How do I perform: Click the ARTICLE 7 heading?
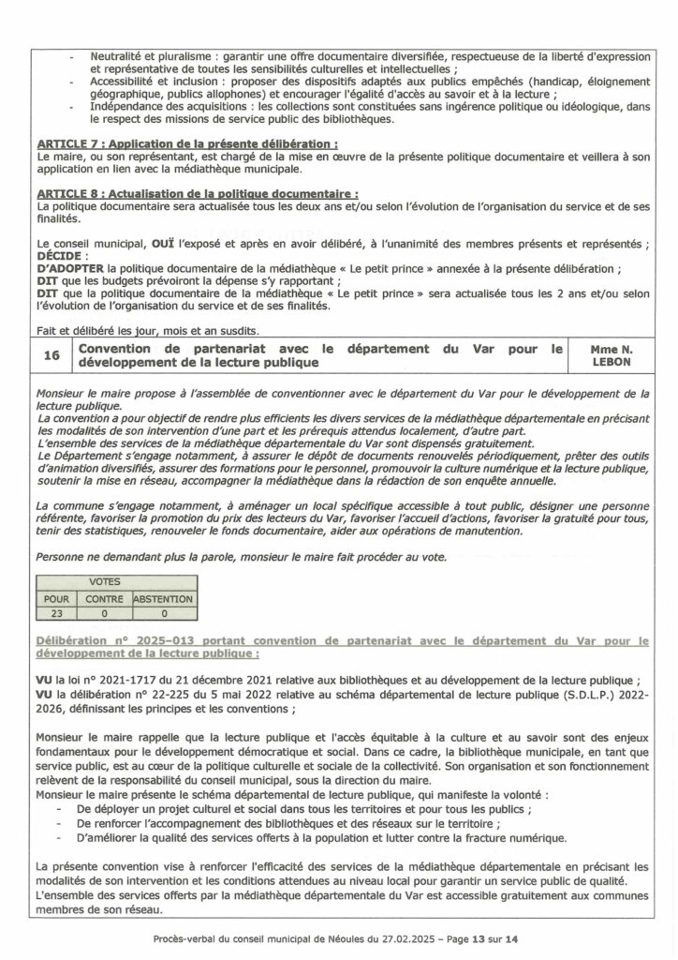click(x=186, y=144)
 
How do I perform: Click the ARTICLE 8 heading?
click(x=197, y=192)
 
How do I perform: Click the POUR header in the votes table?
click(x=57, y=598)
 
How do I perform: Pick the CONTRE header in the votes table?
click(x=104, y=598)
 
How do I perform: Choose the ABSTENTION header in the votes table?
click(x=163, y=598)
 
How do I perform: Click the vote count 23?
click(x=57, y=613)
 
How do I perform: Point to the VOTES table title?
click(x=104, y=582)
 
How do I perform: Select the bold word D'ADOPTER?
click(x=72, y=269)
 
